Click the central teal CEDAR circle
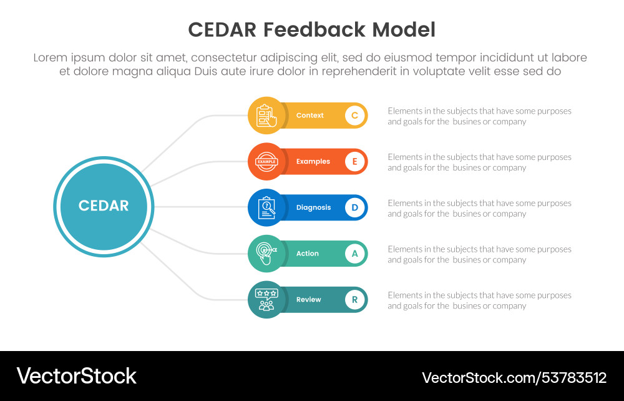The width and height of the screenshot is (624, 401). click(x=104, y=206)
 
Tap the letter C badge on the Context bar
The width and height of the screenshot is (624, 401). click(x=354, y=116)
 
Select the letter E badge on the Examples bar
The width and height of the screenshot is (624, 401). click(x=354, y=162)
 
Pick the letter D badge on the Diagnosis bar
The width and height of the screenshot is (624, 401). click(x=354, y=207)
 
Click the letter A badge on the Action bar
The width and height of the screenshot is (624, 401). click(x=354, y=254)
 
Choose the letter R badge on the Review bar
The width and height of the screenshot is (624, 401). click(x=354, y=300)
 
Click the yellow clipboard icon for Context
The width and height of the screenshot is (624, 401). click(x=266, y=116)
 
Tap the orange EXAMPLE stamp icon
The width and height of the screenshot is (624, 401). click(x=266, y=162)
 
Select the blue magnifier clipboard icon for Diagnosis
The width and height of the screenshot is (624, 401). click(x=266, y=207)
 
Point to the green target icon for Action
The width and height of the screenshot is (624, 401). click(x=266, y=254)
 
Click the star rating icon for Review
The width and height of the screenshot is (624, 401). click(x=266, y=300)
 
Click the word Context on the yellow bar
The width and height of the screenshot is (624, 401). click(x=310, y=116)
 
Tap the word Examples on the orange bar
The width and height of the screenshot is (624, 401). click(x=313, y=162)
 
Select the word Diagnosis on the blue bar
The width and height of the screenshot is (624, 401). click(x=314, y=207)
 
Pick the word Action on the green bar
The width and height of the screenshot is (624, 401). click(x=308, y=254)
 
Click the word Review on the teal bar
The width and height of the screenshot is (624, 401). click(x=309, y=300)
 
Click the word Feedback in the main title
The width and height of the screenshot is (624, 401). click(x=314, y=30)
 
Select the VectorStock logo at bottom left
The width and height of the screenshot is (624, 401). click(x=77, y=376)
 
